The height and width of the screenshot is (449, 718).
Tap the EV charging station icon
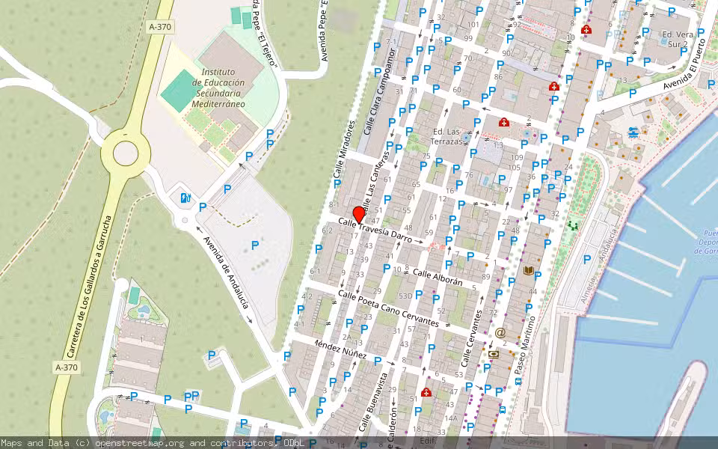(185, 198)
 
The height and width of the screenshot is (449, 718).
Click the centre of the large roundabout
(126, 153)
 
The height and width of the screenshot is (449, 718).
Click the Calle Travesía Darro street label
(375, 227)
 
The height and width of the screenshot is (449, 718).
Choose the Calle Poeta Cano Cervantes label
(388, 308)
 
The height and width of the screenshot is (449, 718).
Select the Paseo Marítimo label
(527, 345)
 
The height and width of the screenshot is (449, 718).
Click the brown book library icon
(529, 271)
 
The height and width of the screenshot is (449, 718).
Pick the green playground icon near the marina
(574, 224)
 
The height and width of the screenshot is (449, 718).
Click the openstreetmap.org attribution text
(142, 443)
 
